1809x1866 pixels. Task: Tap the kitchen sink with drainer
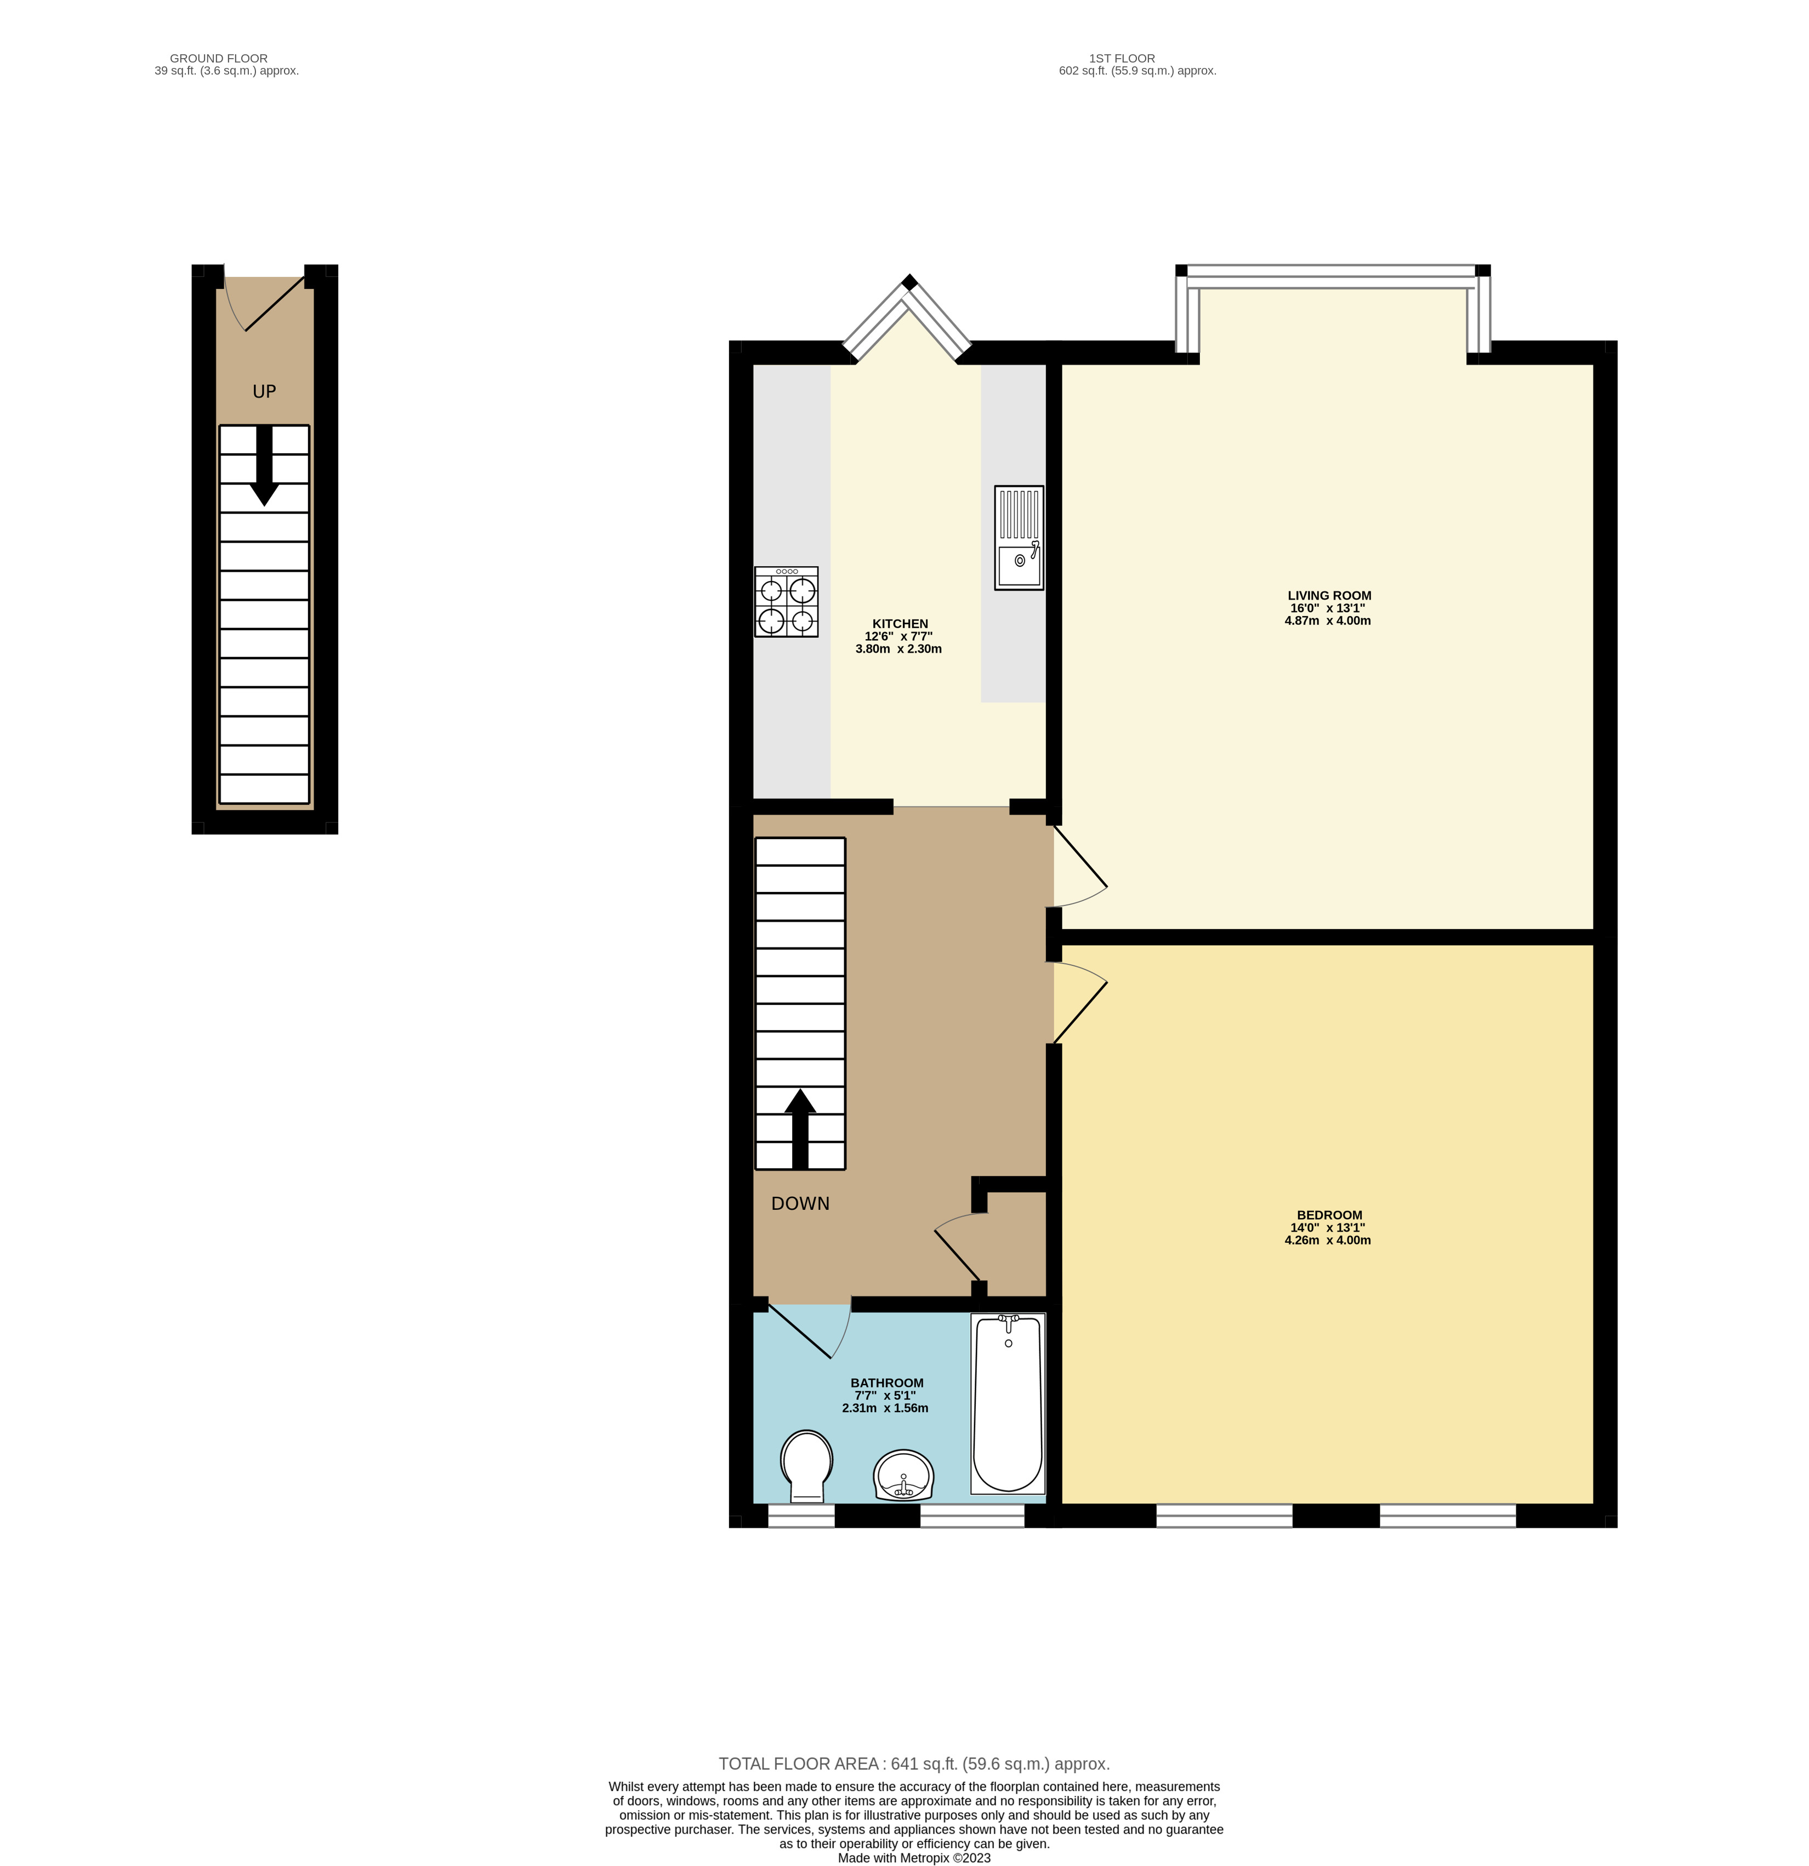[x=1019, y=538]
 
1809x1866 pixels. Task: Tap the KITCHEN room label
[x=900, y=624]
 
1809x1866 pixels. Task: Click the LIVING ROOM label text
[x=1329, y=595]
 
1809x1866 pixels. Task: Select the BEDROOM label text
[x=1329, y=1215]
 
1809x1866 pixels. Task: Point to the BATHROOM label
[x=886, y=1383]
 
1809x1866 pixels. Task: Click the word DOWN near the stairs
[x=800, y=1203]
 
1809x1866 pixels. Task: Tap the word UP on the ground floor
[x=264, y=391]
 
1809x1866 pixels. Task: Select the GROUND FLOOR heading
[x=218, y=58]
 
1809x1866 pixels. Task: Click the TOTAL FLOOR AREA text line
[x=913, y=1763]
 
